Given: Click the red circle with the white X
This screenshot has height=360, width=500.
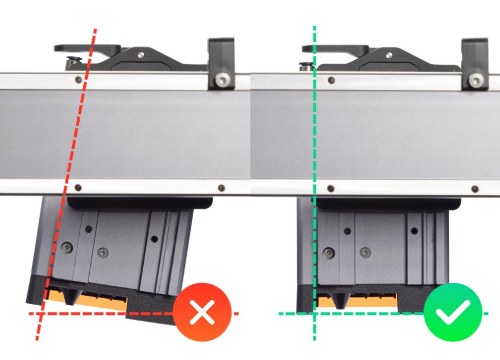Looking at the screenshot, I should (x=202, y=312).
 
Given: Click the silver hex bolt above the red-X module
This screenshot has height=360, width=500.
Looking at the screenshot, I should (x=222, y=79).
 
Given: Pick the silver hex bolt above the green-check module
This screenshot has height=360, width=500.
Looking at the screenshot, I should (x=474, y=80).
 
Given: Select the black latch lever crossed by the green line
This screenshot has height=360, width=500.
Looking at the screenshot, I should (x=333, y=49).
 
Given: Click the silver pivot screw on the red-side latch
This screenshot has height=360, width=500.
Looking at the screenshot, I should (x=140, y=55).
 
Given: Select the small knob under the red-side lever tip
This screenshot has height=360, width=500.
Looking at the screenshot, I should (x=73, y=60).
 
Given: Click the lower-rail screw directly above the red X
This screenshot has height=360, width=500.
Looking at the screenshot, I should (x=222, y=188).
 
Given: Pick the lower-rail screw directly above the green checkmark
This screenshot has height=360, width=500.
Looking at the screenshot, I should (x=474, y=189).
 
